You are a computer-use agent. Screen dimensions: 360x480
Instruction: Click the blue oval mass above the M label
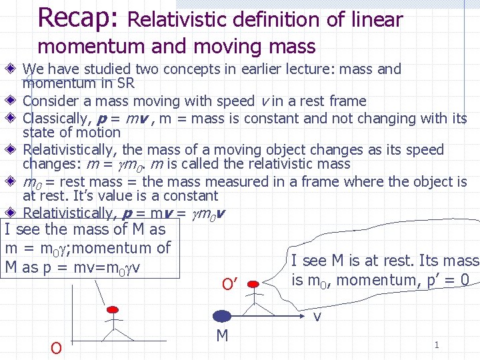(x=222, y=315)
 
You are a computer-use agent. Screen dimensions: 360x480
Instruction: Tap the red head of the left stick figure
(x=113, y=310)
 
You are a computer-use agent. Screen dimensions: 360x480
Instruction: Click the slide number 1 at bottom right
(x=437, y=345)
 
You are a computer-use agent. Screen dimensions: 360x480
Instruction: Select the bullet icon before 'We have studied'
(x=13, y=69)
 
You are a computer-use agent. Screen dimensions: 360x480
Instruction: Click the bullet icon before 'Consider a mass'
(x=13, y=101)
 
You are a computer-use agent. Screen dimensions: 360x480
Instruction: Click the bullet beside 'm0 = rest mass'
(x=13, y=181)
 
